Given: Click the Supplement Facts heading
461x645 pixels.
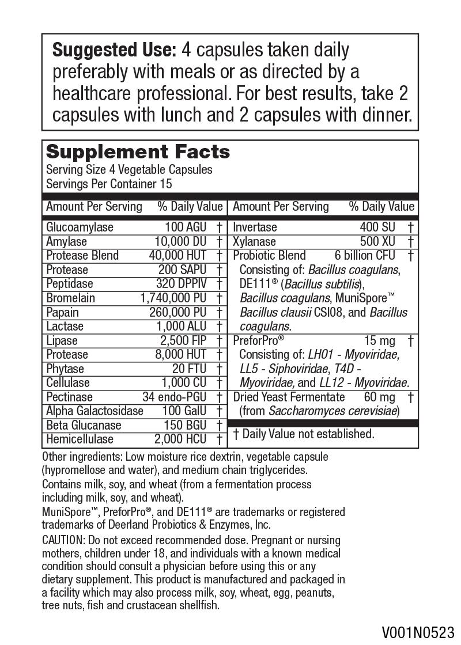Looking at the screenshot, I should tap(138, 152).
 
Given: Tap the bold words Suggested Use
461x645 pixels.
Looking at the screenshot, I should tap(114, 51).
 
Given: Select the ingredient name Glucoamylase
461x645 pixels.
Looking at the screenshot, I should tap(80, 227).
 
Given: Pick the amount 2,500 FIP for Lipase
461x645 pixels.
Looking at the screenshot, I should tap(183, 340).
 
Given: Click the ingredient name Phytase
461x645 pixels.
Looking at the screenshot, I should tap(65, 369).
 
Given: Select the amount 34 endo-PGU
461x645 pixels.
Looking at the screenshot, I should tap(175, 397).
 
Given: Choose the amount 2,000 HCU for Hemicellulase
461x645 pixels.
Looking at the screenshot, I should tap(180, 439).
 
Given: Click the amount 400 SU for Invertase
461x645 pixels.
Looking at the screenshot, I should tap(377, 227).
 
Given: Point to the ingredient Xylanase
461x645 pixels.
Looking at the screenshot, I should tap(254, 242).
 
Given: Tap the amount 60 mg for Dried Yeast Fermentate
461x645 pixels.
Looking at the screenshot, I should tap(379, 397).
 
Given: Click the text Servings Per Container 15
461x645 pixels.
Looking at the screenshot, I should tap(109, 184).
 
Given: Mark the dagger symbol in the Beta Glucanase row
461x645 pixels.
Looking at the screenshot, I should tap(220, 426).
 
